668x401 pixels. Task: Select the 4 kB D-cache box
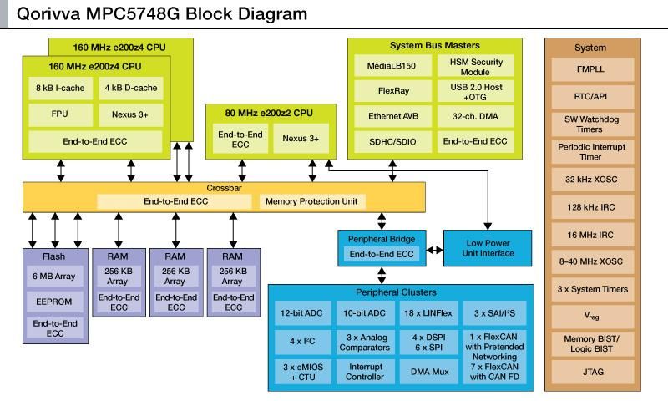134,88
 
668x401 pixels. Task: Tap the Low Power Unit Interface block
488,248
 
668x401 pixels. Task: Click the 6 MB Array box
54,277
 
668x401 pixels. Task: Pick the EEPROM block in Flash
54,300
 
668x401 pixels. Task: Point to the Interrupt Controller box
365,372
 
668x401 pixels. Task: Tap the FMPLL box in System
590,69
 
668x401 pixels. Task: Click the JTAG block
590,372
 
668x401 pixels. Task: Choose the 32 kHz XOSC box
590,180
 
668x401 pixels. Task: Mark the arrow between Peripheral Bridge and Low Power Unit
434,249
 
